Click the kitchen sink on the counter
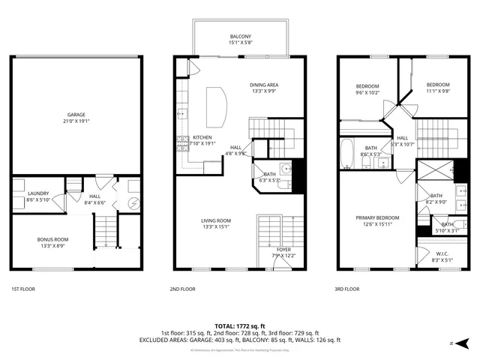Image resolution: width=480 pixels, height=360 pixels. [x=181, y=114]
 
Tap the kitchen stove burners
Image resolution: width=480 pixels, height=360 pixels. [x=181, y=142]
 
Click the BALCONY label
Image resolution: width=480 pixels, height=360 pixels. [x=240, y=39]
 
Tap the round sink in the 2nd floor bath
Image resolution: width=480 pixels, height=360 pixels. [x=286, y=168]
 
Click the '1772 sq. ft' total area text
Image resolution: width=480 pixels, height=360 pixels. [x=253, y=326]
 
